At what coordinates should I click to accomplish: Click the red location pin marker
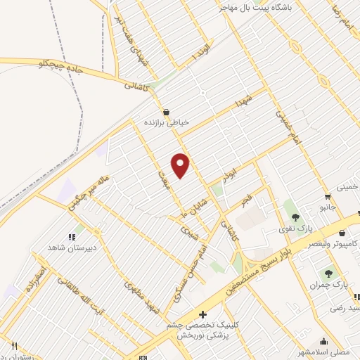pos(181,165)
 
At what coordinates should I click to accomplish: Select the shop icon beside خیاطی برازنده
pos(166,112)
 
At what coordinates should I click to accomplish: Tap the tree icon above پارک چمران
pos(329,273)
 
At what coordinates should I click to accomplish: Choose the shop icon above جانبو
pos(328,196)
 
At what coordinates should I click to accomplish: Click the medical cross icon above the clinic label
pos(202,314)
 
